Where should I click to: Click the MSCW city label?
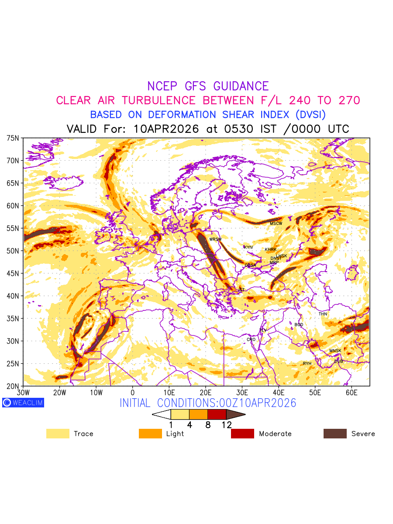pyautogui.click(x=276, y=224)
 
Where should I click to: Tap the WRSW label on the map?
pyautogui.click(x=215, y=239)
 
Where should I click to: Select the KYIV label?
pyautogui.click(x=248, y=247)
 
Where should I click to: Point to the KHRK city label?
pyautogui.click(x=271, y=250)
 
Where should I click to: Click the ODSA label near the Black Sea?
pyautogui.click(x=250, y=265)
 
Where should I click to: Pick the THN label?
pyautogui.click(x=323, y=314)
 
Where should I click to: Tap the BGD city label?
pyautogui.click(x=299, y=325)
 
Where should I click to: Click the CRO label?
pyautogui.click(x=251, y=339)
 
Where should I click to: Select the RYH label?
pyautogui.click(x=307, y=363)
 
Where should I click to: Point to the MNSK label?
pyautogui.click(x=335, y=351)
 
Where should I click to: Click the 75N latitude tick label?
pyautogui.click(x=13, y=138)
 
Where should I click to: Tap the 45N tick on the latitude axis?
pyautogui.click(x=13, y=273)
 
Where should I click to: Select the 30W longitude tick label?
pyautogui.click(x=23, y=393)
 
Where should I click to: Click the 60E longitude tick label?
pyautogui.click(x=352, y=393)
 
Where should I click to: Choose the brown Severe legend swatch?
pyautogui.click(x=335, y=434)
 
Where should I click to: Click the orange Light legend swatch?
pyautogui.click(x=150, y=434)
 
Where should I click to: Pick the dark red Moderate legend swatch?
pyautogui.click(x=242, y=434)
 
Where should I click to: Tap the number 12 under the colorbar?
pyautogui.click(x=226, y=424)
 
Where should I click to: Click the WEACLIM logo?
pyautogui.click(x=23, y=403)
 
